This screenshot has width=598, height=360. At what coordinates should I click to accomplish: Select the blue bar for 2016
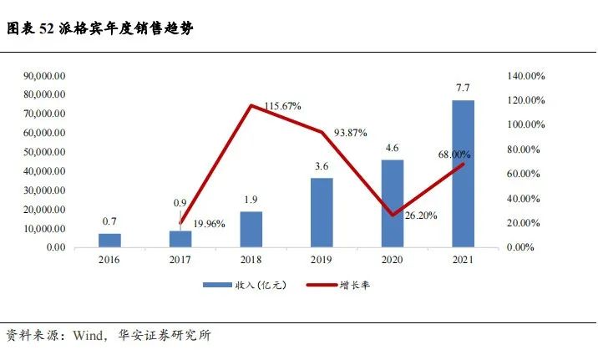(x=109, y=240)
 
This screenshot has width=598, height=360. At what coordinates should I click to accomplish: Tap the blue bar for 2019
(x=322, y=212)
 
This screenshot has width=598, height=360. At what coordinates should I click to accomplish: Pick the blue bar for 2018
(x=251, y=229)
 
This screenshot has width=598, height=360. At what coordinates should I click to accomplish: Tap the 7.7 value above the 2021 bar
(x=463, y=87)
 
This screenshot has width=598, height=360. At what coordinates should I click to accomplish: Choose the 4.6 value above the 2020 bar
(x=392, y=148)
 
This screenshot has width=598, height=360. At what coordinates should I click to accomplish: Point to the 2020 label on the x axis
(x=392, y=261)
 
